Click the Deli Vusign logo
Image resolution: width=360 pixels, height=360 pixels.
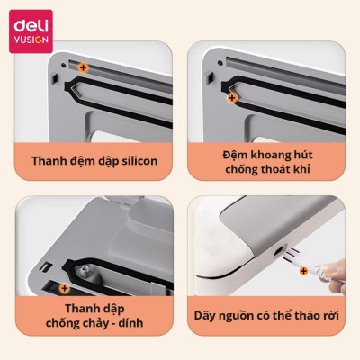click(x=31, y=31)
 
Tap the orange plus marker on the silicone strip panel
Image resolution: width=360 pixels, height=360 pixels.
click(x=83, y=67)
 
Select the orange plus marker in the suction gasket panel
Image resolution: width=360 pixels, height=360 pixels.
click(x=232, y=98)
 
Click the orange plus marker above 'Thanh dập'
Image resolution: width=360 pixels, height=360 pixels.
click(x=64, y=289)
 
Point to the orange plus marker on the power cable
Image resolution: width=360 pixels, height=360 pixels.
click(x=303, y=271)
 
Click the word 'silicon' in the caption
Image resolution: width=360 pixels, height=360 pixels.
click(x=139, y=161)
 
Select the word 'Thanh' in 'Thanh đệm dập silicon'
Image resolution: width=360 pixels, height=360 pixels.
click(x=49, y=161)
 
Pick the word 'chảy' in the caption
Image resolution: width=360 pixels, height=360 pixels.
click(x=94, y=323)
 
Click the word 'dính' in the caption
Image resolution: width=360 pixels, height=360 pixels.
click(x=130, y=323)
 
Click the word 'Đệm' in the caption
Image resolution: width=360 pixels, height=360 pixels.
click(x=235, y=155)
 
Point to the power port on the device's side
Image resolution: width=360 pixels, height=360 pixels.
click(x=280, y=250)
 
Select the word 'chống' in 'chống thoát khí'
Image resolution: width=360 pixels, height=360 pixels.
click(x=242, y=169)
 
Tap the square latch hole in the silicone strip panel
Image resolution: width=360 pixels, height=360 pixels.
click(x=55, y=78)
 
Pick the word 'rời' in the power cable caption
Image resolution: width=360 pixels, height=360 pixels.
click(x=331, y=315)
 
